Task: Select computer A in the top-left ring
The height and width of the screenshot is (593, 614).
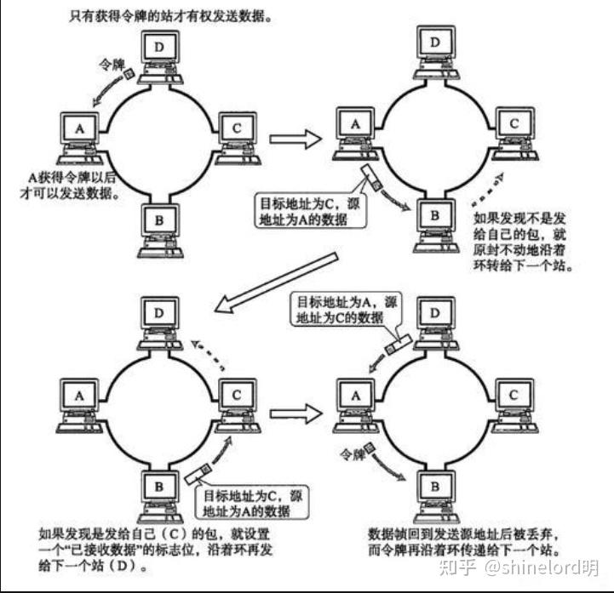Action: [80, 132]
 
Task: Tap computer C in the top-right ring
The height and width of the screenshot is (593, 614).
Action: [513, 128]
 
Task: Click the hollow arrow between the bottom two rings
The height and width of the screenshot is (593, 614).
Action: [293, 413]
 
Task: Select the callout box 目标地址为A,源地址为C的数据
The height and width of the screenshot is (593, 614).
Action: [346, 310]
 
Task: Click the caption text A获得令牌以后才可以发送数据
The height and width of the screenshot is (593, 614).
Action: [73, 184]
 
